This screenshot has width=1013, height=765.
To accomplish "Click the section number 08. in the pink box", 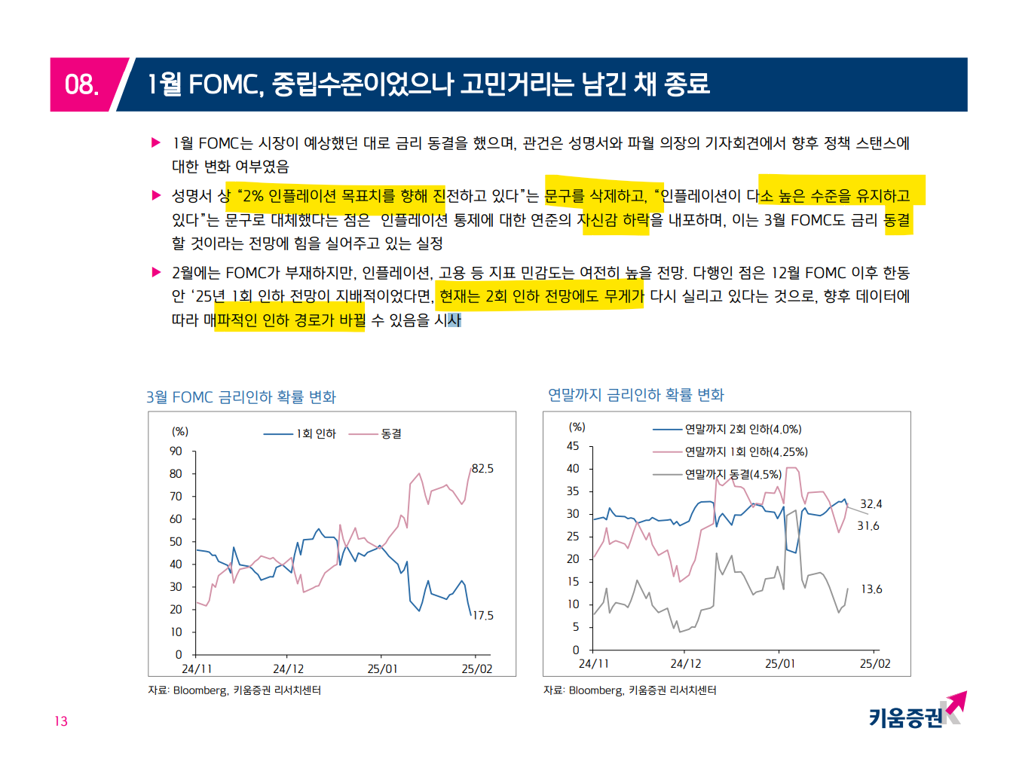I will (x=81, y=84).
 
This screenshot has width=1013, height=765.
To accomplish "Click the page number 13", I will (x=61, y=721).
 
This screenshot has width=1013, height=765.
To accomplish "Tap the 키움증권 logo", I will (x=916, y=712).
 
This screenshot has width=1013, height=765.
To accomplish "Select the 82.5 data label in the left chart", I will (x=482, y=469).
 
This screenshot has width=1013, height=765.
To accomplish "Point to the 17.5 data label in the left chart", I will (x=482, y=616).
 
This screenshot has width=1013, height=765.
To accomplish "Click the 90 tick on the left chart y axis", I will (x=176, y=451).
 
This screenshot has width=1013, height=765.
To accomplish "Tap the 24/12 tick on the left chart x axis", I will (x=289, y=669).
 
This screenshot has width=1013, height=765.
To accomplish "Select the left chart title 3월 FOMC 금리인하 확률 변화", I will (x=241, y=397).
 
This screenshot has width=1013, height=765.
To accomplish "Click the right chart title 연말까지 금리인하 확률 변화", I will (x=635, y=395).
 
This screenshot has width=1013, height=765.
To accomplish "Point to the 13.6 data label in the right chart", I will (x=871, y=589).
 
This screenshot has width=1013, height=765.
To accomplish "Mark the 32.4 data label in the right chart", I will (x=871, y=504).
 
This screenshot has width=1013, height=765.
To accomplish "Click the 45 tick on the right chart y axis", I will (x=573, y=446).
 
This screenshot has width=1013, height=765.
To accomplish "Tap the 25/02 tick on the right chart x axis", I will (x=875, y=664).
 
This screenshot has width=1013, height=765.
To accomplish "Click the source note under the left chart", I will (x=234, y=690).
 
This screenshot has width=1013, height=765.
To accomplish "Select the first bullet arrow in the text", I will (x=157, y=142).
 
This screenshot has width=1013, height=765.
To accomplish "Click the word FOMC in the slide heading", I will (x=224, y=84).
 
